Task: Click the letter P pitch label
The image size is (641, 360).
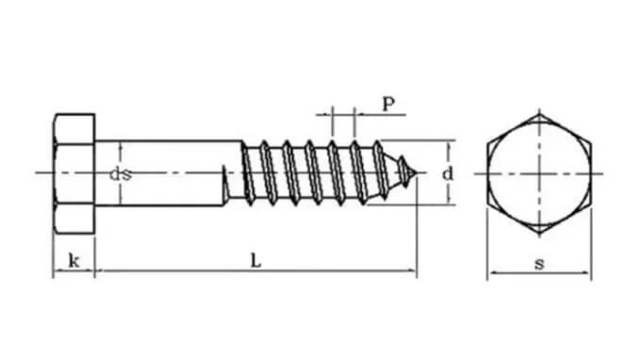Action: [388, 104]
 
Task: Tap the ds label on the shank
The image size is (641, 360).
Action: [119, 173]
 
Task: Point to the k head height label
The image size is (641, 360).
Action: [74, 261]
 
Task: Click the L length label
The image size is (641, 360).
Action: [255, 261]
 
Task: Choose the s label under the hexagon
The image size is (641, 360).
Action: [539, 264]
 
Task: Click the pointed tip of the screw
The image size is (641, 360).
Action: [418, 172]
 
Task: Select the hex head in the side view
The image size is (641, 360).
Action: [74, 172]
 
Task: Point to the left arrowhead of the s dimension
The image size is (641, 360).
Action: [490, 275]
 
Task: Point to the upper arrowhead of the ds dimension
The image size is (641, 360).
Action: [121, 145]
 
